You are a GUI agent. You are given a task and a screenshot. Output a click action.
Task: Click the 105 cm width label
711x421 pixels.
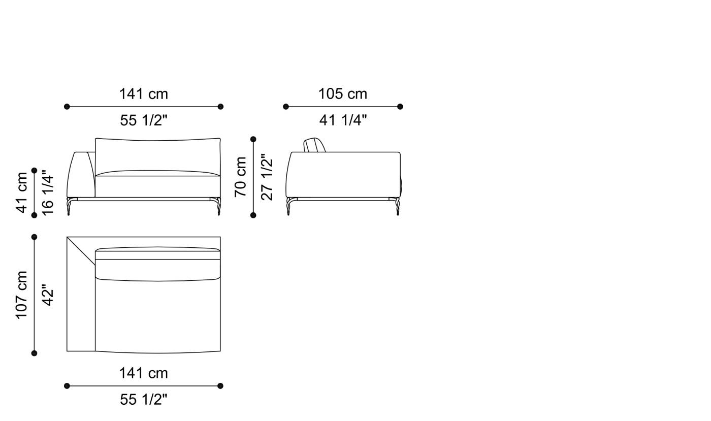(x=342, y=94)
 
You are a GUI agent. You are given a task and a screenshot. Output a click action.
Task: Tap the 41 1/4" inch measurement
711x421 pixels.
(x=343, y=120)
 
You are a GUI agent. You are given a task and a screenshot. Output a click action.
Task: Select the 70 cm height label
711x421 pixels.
(x=241, y=176)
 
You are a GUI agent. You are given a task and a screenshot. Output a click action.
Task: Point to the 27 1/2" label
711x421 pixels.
(x=267, y=177)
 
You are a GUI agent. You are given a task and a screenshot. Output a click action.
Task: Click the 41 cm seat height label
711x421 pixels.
(x=22, y=192)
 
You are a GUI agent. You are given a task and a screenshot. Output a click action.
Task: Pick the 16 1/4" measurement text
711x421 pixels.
(x=48, y=193)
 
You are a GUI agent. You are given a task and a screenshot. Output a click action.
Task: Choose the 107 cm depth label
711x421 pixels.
(x=22, y=295)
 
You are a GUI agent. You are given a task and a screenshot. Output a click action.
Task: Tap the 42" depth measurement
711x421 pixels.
(x=48, y=295)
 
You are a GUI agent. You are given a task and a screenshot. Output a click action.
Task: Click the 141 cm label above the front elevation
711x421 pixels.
(x=143, y=94)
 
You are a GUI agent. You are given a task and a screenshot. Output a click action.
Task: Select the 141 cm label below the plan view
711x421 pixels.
(x=143, y=373)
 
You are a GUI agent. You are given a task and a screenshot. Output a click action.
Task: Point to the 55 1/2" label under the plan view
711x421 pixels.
(x=143, y=400)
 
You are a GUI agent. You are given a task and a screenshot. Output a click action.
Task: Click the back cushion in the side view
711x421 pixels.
(x=314, y=145)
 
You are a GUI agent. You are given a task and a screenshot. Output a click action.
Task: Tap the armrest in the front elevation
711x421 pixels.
(x=81, y=174)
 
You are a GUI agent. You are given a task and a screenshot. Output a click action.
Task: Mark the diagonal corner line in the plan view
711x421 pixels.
(x=81, y=251)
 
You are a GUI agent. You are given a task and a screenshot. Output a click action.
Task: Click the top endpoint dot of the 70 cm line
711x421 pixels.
(x=253, y=139)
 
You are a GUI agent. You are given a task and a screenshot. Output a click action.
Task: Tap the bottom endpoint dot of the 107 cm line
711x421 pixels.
(x=35, y=353)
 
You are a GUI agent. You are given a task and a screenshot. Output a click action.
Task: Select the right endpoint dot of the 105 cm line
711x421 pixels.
(x=400, y=107)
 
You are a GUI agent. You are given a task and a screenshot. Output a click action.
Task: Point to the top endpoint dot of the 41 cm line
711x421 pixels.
(x=35, y=171)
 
